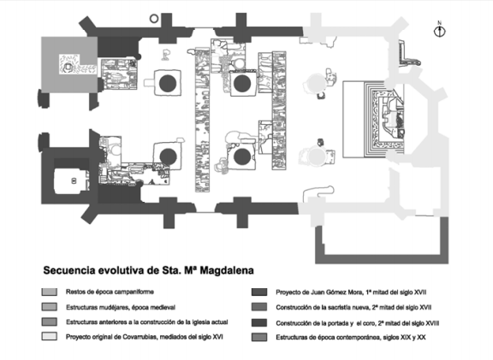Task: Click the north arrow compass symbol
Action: [x=440, y=30]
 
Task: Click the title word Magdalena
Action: [x=227, y=270]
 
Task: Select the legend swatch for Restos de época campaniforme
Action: [x=50, y=292]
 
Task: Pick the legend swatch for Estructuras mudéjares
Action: [x=50, y=307]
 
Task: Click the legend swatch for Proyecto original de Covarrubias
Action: [x=50, y=336]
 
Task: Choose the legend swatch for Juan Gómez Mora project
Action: [x=259, y=292]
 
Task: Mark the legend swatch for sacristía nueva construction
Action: [x=259, y=307]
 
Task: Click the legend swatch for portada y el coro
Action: [x=259, y=323]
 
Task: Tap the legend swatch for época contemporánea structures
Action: [x=259, y=338]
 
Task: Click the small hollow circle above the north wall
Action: [x=154, y=19]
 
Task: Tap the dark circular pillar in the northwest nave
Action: [x=168, y=83]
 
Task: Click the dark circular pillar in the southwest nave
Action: [x=169, y=156]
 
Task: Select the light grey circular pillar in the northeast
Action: [x=315, y=83]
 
